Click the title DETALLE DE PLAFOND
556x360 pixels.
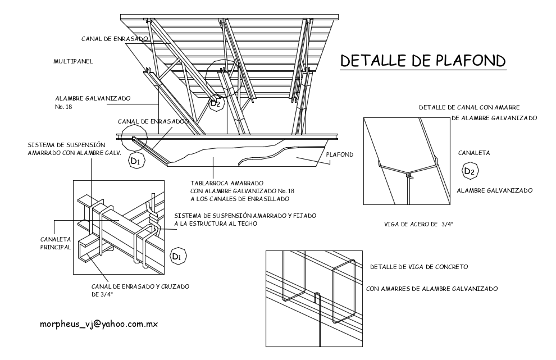(423, 60)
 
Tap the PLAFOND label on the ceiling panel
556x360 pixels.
(339, 154)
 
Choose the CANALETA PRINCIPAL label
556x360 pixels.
(55, 243)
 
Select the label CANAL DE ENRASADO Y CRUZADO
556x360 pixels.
(140, 286)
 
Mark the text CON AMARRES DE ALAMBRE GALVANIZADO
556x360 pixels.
(431, 289)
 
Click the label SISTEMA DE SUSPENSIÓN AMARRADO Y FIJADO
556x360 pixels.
(245, 216)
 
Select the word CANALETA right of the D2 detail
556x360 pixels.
(474, 152)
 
